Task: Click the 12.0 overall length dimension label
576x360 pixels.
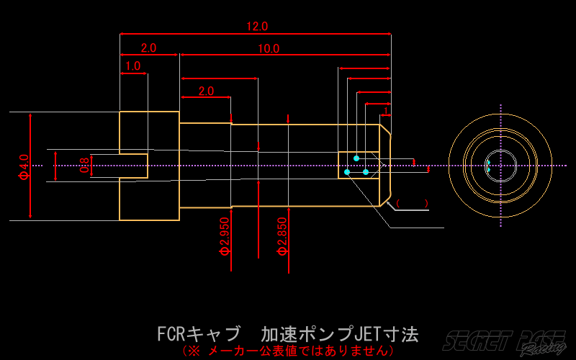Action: (257, 27)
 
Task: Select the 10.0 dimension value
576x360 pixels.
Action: (268, 49)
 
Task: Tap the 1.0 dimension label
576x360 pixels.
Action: (133, 66)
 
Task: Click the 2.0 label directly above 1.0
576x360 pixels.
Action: (148, 48)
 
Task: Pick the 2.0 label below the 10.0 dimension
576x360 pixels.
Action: (206, 91)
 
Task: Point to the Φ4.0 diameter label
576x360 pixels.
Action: (24, 166)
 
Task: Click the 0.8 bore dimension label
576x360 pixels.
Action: (84, 166)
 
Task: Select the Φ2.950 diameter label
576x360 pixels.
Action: (224, 236)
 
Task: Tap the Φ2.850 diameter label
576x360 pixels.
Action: (283, 236)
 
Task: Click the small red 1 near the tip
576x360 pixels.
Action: (386, 111)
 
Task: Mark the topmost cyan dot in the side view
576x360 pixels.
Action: (356, 158)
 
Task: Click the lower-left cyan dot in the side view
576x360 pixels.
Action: (347, 172)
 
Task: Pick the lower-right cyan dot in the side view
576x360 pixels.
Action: (366, 172)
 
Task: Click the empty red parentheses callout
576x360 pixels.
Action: (413, 203)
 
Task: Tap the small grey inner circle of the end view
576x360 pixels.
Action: (500, 166)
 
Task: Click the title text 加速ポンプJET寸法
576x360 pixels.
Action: (339, 335)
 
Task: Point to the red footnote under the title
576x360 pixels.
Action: (288, 351)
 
